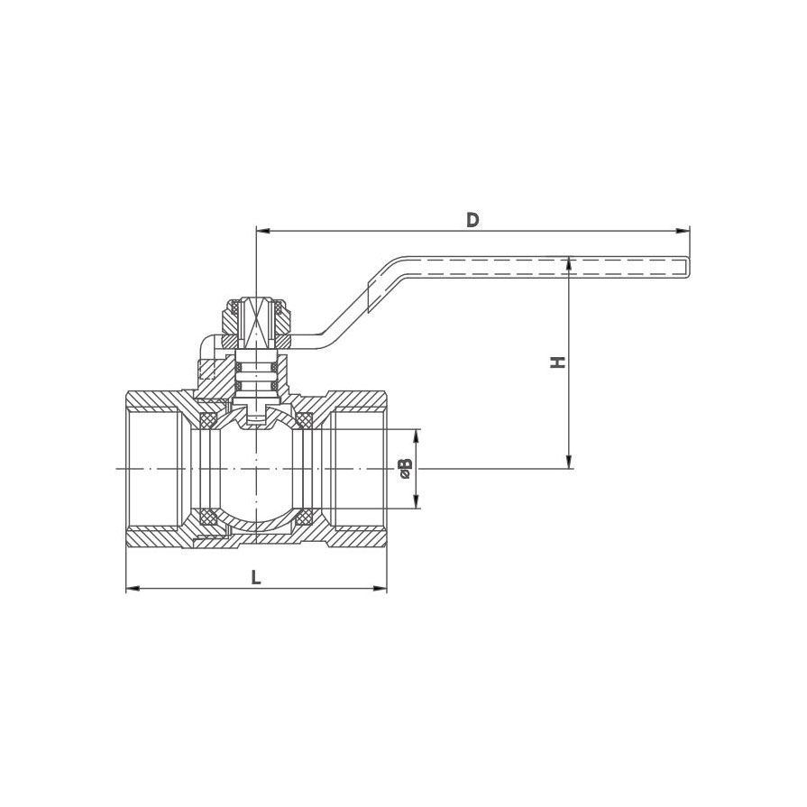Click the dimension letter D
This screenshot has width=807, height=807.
[472, 220]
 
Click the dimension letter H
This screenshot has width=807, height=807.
[558, 362]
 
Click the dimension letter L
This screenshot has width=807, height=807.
[256, 577]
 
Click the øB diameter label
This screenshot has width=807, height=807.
[406, 468]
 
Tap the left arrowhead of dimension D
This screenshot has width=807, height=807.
[262, 231]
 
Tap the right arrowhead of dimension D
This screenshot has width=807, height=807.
[683, 231]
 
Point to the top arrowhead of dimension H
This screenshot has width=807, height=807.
[569, 263]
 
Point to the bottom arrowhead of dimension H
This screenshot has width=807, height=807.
[569, 463]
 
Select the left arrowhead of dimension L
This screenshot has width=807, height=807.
[133, 588]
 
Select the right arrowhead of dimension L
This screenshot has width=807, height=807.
[380, 588]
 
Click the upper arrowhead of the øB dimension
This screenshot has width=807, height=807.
[417, 436]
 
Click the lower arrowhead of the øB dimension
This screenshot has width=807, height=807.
[417, 502]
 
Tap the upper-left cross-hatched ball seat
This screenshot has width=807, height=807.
[208, 420]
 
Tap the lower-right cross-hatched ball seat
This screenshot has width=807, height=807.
[304, 517]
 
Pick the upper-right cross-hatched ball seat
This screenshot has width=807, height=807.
[304, 420]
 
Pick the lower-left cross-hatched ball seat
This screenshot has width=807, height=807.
[208, 517]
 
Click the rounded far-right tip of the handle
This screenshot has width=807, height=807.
[688, 267]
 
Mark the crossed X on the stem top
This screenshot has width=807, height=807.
[256, 322]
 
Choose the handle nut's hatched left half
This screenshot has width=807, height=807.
[231, 323]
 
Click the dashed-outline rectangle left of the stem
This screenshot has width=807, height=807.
[206, 370]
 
